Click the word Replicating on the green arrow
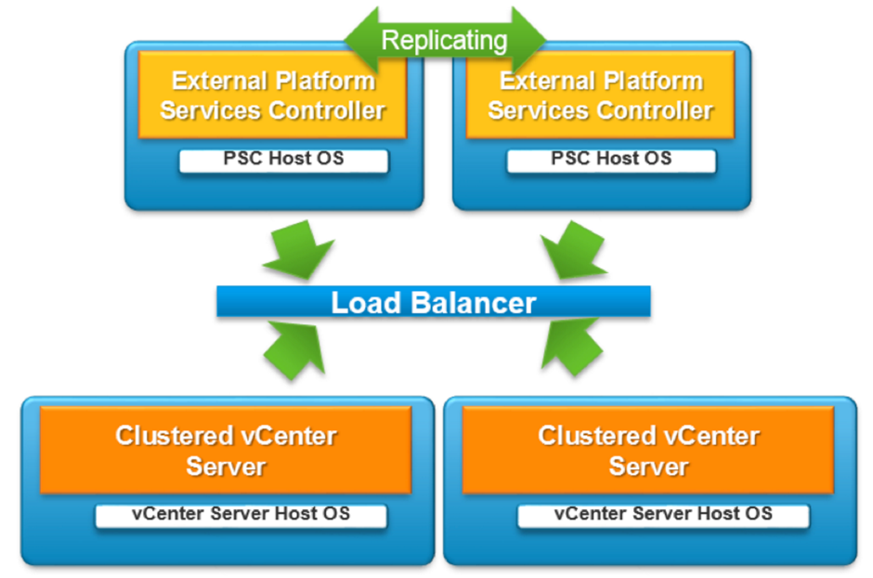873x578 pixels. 444,41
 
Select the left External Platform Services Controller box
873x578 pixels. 272,95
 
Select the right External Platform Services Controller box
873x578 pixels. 600,95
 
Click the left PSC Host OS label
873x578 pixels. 283,160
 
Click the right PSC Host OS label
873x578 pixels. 611,160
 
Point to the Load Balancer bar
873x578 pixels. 433,301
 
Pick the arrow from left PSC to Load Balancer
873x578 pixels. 297,249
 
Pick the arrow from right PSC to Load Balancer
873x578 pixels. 574,249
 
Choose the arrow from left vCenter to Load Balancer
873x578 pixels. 295,349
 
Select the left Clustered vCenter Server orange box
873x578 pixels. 226,450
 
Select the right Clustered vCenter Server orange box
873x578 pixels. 648,450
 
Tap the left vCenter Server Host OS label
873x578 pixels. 241,515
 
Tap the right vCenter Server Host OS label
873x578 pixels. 664,515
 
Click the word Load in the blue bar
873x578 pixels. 366,302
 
